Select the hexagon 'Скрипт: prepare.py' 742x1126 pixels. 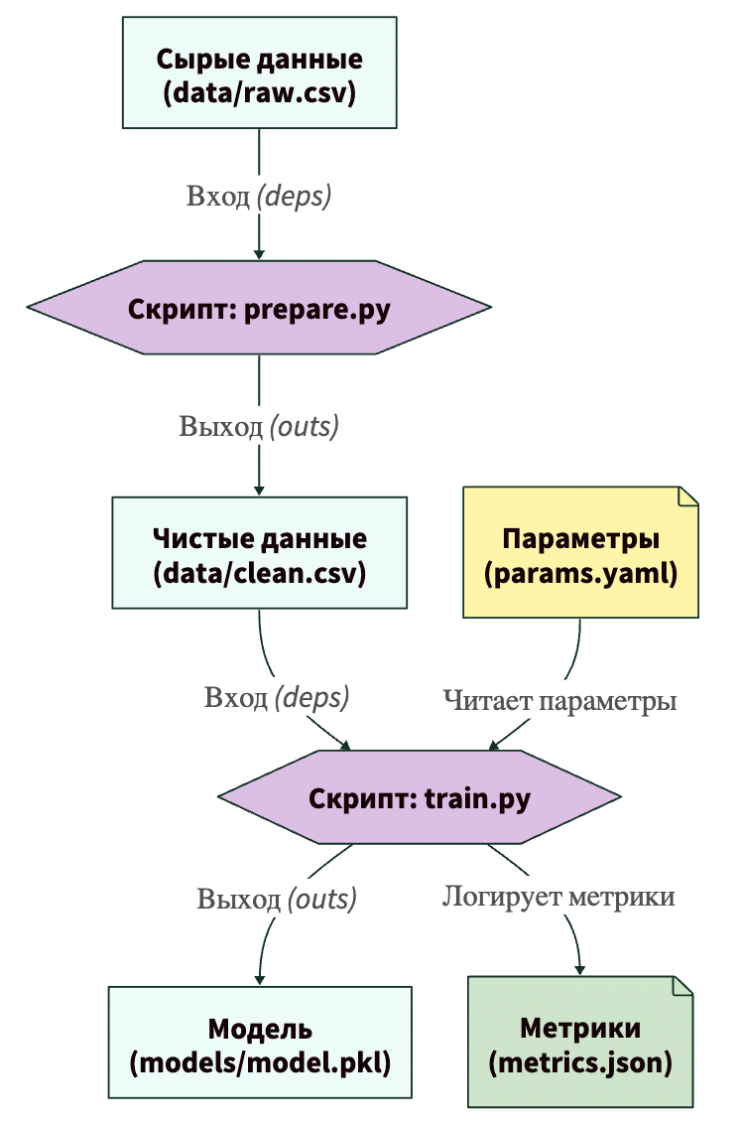[259, 308]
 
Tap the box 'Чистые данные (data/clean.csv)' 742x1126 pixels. [259, 554]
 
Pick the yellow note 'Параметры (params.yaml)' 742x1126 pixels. [580, 554]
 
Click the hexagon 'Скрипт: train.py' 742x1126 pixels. [420, 798]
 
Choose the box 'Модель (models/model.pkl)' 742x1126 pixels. [260, 1043]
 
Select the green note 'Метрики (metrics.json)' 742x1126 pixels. [580, 1043]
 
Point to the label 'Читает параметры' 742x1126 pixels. [559, 700]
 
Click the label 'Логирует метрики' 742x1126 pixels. [558, 897]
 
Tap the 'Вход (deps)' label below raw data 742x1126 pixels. [259, 196]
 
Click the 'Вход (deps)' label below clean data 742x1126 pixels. [277, 697]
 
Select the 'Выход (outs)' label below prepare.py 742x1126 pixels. [259, 427]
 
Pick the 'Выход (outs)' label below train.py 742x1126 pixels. [277, 900]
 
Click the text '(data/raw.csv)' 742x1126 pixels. [259, 93]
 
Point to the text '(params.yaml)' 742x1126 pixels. [580, 573]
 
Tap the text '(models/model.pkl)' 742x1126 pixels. [260, 1061]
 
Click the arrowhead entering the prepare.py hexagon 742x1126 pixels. [259, 253]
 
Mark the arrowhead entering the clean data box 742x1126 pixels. [259, 490]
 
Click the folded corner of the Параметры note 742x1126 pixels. [687, 495]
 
